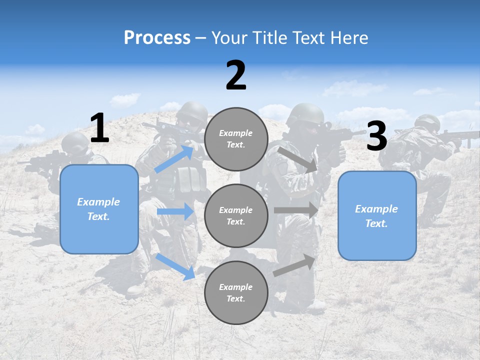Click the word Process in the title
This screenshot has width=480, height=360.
pyautogui.click(x=157, y=38)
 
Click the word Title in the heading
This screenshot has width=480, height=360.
pyautogui.click(x=268, y=38)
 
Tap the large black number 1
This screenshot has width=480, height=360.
pyautogui.click(x=99, y=128)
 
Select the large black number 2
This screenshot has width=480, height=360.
pyautogui.click(x=236, y=75)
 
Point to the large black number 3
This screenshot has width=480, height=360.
pyautogui.click(x=376, y=136)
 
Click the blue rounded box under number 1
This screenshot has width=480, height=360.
pyautogui.click(x=99, y=209)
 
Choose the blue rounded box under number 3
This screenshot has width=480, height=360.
pyautogui.click(x=377, y=216)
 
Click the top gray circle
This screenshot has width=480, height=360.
pyautogui.click(x=236, y=139)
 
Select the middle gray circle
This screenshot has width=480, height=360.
pyautogui.click(x=236, y=215)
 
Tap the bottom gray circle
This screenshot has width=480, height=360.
pyautogui.click(x=236, y=292)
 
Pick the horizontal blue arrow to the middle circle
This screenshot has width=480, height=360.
pyautogui.click(x=175, y=212)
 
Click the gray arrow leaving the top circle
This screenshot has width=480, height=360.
pyautogui.click(x=298, y=159)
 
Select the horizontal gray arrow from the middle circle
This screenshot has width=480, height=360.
pyautogui.click(x=296, y=210)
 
